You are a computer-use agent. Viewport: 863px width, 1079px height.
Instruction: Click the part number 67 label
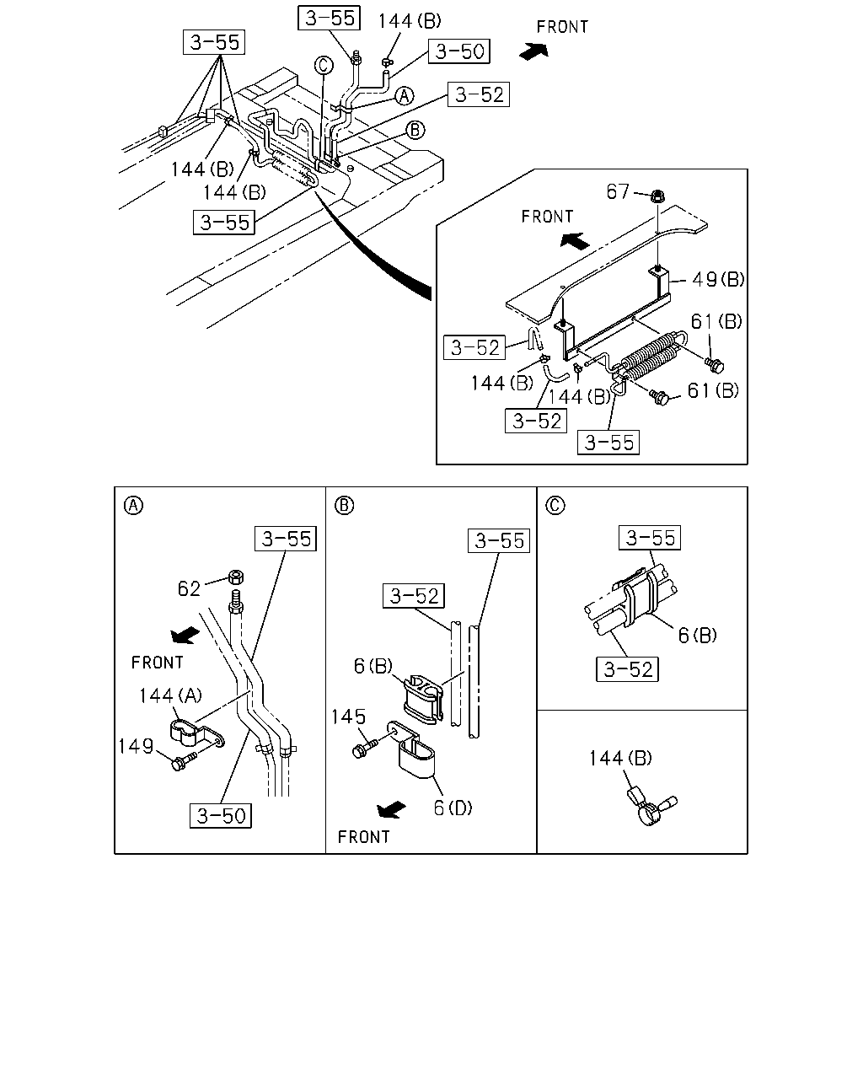click(x=617, y=191)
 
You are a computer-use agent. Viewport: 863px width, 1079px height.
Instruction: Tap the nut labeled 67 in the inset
click(x=657, y=196)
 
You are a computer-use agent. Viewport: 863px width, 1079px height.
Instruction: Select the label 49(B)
click(x=718, y=279)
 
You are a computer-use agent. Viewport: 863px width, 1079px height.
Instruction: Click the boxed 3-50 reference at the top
click(x=458, y=51)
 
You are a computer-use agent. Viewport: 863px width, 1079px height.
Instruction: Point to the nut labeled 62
click(x=236, y=577)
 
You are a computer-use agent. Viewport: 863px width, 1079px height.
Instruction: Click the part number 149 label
click(x=136, y=746)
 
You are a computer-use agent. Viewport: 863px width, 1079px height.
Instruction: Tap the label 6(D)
click(x=453, y=808)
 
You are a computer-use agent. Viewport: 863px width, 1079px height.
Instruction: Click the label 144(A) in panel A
click(x=170, y=695)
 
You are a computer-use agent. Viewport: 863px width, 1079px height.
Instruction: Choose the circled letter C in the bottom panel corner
click(x=555, y=505)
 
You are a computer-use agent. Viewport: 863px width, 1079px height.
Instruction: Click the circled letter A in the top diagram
click(x=405, y=96)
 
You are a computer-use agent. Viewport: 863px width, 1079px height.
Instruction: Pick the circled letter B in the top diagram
click(x=415, y=130)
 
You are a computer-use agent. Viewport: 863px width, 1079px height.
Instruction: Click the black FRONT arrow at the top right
click(x=534, y=51)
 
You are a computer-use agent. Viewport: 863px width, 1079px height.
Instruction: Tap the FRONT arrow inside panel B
click(x=391, y=808)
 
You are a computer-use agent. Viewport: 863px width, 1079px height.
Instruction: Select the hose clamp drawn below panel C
click(x=651, y=806)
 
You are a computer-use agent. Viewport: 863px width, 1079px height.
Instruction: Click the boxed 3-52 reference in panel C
click(x=627, y=669)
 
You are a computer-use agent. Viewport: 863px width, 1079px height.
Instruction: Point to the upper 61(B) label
click(x=716, y=321)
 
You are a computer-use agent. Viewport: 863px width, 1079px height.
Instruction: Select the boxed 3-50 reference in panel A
click(x=221, y=816)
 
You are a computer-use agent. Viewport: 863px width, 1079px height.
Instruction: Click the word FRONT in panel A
click(x=157, y=663)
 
